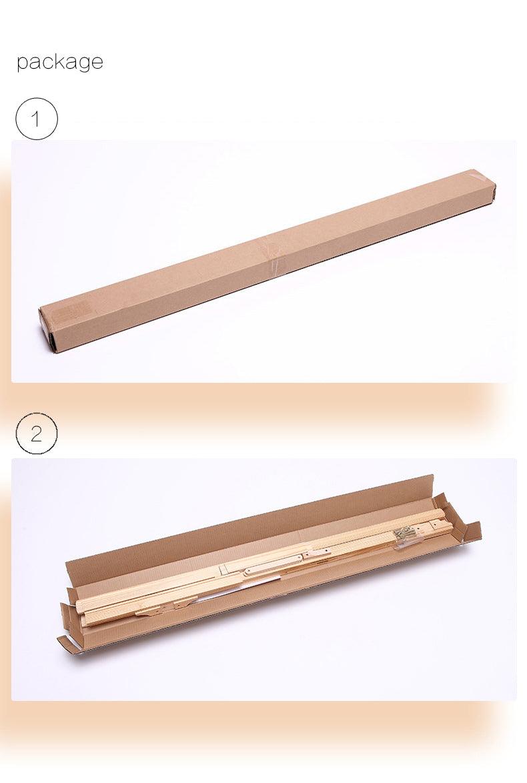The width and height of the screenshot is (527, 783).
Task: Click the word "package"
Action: coord(60,63)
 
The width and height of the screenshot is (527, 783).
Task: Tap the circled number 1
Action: coord(37,119)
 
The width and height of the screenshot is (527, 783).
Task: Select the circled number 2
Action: coord(37,434)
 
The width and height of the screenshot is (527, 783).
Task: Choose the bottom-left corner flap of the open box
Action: coord(67,642)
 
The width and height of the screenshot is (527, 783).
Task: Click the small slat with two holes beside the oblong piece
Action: coord(317,553)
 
